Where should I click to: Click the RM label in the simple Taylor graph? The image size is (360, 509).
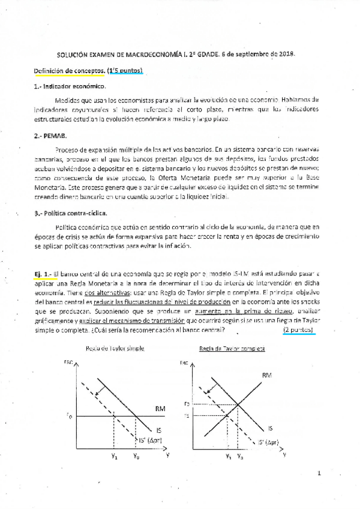click(x=160, y=409)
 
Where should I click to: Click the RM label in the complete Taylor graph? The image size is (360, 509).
click(x=267, y=375)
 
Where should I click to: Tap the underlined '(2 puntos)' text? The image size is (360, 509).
click(x=299, y=330)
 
